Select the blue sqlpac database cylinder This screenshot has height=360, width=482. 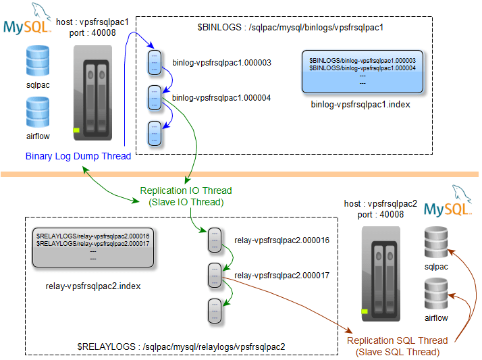(x=38, y=61)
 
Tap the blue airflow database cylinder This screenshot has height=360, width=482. (x=38, y=113)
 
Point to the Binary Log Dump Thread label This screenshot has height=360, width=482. (x=78, y=157)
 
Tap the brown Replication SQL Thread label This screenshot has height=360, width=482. (x=398, y=346)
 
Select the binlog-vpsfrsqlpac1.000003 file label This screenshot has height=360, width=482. (x=221, y=62)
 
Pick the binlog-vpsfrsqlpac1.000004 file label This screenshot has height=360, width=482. (x=221, y=98)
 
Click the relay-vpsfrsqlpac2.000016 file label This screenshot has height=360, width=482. (x=282, y=240)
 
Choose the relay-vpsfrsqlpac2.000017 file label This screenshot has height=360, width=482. (x=282, y=275)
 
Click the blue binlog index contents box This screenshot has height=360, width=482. (x=363, y=71)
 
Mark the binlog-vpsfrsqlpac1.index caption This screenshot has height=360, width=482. (x=360, y=105)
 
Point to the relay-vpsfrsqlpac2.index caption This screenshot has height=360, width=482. (x=93, y=286)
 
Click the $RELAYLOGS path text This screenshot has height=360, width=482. (x=181, y=346)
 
